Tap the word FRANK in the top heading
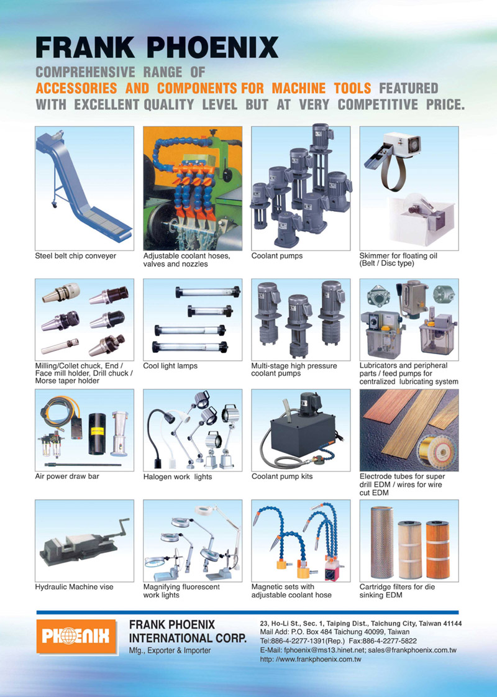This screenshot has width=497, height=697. click(85, 48)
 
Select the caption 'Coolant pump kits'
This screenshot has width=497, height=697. click(282, 476)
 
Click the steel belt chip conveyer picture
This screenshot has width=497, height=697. click(84, 188)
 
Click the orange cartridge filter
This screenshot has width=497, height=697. click(437, 549)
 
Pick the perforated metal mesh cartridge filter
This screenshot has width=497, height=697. click(382, 542)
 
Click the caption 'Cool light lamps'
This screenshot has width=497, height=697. click(170, 367)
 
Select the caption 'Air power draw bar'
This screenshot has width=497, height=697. click(67, 476)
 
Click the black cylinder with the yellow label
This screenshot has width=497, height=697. click(98, 434)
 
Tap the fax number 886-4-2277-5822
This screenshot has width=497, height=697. click(398, 641)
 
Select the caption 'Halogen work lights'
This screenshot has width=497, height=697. click(178, 477)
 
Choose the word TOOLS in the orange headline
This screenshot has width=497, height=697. click(352, 88)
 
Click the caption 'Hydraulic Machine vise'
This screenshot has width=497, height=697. click(74, 587)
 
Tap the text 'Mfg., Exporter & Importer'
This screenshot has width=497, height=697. click(170, 650)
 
